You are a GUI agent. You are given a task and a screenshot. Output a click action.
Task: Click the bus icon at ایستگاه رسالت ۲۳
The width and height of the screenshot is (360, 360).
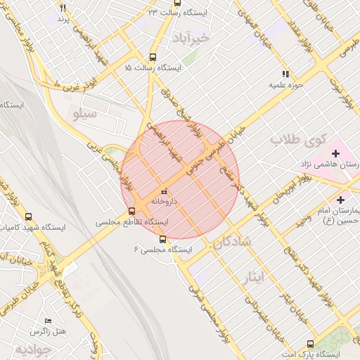point(153,13)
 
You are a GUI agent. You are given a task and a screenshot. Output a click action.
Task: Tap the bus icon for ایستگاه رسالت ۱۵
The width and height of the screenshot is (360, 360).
point(153,58)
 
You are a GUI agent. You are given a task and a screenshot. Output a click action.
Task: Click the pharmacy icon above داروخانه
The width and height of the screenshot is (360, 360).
point(164,191)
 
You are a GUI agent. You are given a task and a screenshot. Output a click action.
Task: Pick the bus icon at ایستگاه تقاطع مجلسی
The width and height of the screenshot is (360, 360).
point(131,211)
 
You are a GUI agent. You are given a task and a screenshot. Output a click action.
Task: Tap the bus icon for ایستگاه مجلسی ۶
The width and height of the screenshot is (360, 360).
point(163,239)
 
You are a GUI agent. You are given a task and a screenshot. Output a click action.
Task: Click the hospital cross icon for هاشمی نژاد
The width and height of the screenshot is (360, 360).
point(335,153)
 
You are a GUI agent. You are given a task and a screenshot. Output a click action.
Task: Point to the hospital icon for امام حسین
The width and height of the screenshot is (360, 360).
point(342,200)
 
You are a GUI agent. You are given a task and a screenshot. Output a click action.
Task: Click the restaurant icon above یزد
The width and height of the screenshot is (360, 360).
point(63,8)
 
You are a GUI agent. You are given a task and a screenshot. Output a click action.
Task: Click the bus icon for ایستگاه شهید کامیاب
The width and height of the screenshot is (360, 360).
point(28,217)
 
